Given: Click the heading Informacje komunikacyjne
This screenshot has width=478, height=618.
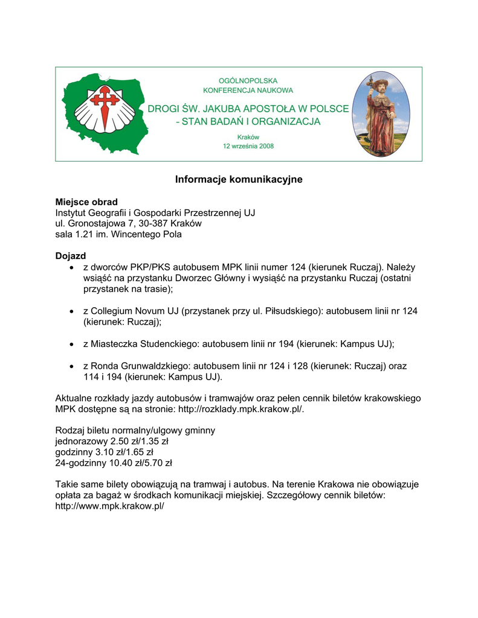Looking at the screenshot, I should pos(239,180).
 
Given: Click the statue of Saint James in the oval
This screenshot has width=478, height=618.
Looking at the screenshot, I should pos(381,115).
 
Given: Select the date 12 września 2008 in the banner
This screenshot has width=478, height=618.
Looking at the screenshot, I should pos(248,147).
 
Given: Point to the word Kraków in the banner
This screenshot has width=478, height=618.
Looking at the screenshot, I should pos(248,137).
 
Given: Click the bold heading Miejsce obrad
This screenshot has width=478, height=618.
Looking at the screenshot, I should pos(86,202).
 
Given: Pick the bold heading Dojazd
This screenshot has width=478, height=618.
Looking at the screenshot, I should pos(71,256).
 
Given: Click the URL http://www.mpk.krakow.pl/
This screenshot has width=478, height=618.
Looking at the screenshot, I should pos(110,506).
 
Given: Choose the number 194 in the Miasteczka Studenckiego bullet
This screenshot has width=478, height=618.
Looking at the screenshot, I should pos(286,344).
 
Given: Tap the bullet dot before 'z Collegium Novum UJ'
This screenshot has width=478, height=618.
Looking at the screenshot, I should pos(72,311).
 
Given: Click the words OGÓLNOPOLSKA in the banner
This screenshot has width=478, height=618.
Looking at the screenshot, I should pos(248,80).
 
